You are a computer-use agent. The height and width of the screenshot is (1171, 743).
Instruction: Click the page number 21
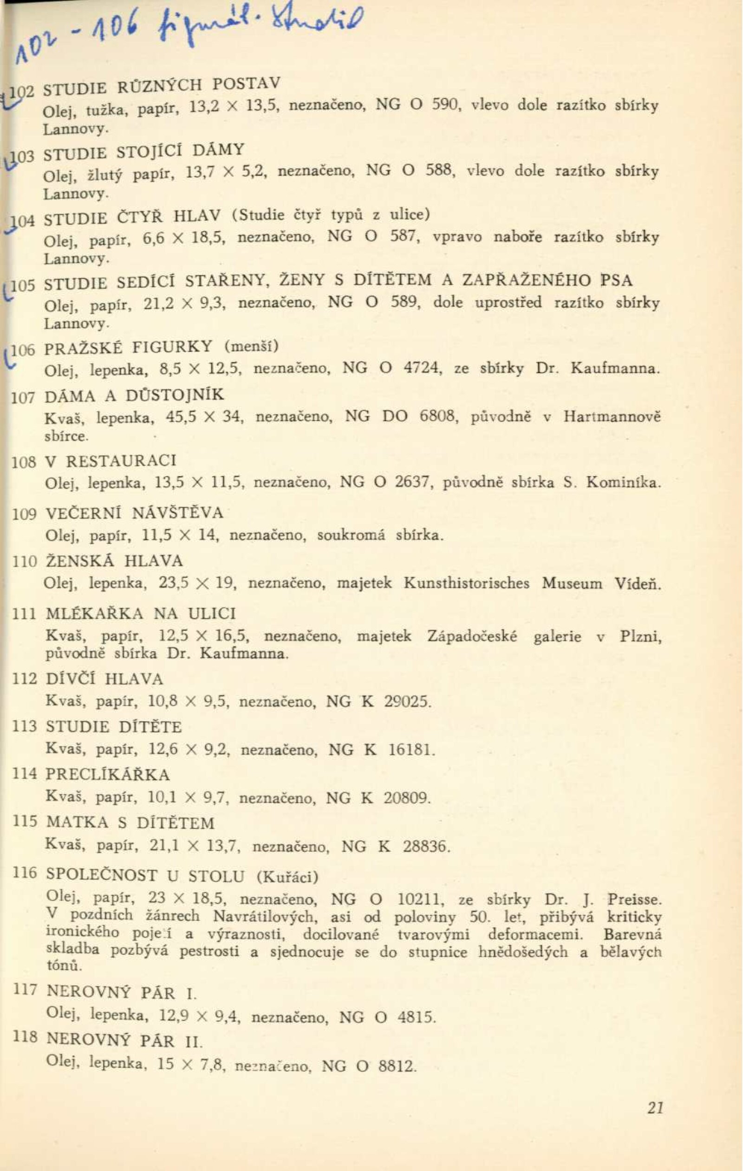(655, 1108)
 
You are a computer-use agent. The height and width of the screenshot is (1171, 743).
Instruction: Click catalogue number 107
(23, 398)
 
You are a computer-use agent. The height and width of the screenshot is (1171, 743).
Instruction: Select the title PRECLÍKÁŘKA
(108, 774)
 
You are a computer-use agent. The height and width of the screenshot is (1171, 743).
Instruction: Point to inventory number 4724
(422, 368)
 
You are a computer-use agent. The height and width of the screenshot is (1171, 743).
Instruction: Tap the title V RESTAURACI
(111, 461)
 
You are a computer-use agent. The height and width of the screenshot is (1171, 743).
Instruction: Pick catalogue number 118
(24, 1037)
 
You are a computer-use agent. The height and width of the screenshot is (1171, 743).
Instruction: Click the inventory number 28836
(424, 847)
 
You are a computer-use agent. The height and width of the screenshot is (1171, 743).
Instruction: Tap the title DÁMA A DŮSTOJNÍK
(134, 396)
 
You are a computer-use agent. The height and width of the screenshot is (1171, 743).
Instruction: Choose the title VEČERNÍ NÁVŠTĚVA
(134, 513)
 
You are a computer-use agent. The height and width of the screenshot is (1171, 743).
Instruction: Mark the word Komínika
(623, 483)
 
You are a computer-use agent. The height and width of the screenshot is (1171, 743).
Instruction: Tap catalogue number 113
(24, 726)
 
